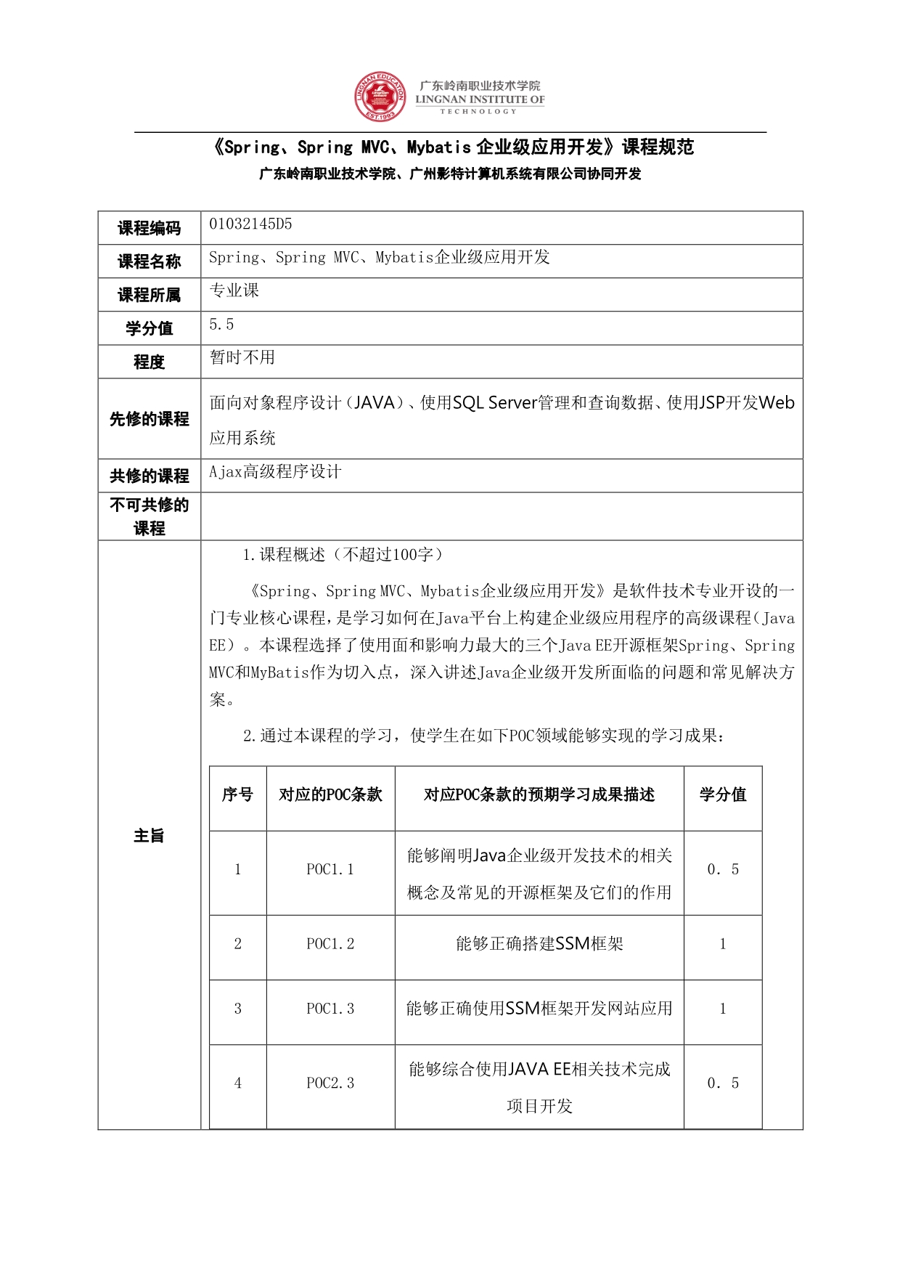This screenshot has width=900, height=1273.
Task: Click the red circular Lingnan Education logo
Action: tap(380, 97)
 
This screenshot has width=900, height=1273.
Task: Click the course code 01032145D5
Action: tap(250, 224)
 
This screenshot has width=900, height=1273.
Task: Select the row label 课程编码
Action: tap(149, 228)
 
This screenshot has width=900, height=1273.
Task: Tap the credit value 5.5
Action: tap(221, 325)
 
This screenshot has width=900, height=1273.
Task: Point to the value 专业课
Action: tap(234, 291)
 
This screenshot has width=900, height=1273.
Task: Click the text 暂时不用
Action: tap(242, 357)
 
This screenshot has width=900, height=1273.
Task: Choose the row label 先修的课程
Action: tap(149, 419)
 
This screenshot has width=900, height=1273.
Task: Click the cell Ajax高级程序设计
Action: tap(275, 472)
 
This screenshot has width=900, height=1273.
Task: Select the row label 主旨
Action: tap(149, 835)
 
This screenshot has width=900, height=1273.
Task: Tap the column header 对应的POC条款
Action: tap(330, 795)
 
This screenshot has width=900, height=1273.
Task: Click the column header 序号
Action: tap(237, 795)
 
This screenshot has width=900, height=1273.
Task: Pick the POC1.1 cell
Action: tap(330, 869)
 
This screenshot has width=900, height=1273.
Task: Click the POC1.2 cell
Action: tap(330, 944)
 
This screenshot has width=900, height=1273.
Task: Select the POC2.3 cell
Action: tap(330, 1083)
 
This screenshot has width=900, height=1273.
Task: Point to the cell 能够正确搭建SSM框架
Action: tap(539, 944)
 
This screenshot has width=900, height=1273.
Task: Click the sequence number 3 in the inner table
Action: tap(237, 1009)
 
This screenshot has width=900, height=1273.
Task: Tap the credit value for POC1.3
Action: tap(722, 1009)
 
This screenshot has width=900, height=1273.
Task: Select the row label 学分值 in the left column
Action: tap(149, 328)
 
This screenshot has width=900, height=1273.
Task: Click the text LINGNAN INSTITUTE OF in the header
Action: tap(480, 99)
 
